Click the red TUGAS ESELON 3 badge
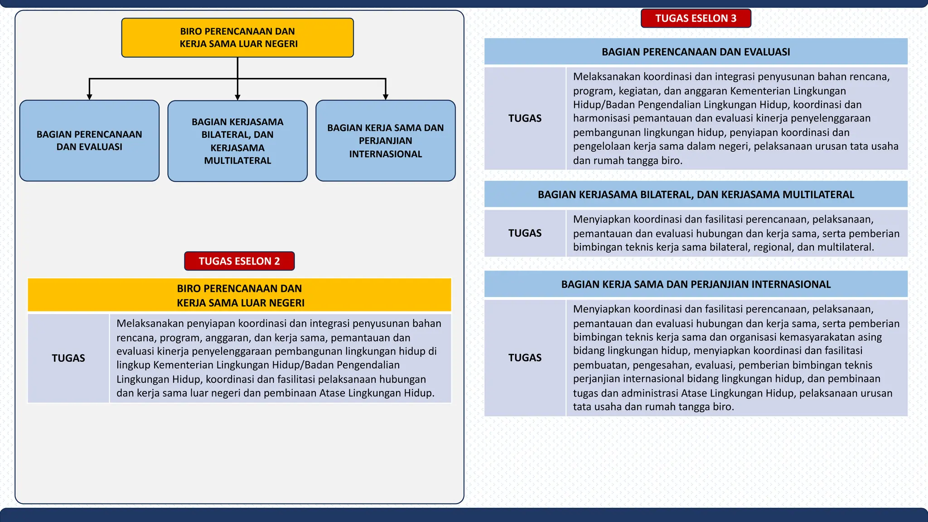click(x=696, y=19)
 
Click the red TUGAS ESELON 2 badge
click(x=239, y=261)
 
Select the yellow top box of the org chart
click(x=237, y=38)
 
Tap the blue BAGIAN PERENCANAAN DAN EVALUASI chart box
click(x=89, y=141)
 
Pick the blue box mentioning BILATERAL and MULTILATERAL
click(x=237, y=141)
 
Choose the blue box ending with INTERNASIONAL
click(x=385, y=141)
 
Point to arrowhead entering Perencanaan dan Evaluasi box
click(x=89, y=97)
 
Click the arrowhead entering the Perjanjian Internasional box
click(x=386, y=97)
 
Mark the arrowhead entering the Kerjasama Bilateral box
click(x=237, y=97)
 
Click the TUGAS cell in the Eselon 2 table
click(x=68, y=358)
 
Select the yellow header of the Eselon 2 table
click(x=239, y=295)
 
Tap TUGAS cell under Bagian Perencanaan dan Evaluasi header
click(x=525, y=118)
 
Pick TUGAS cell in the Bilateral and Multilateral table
click(x=525, y=233)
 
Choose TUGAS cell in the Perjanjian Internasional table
click(x=525, y=358)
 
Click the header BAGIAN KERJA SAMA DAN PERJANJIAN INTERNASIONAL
click(x=696, y=284)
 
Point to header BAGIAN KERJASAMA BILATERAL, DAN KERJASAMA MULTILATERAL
click(x=696, y=194)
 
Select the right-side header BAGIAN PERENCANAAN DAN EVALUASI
click(x=696, y=52)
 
